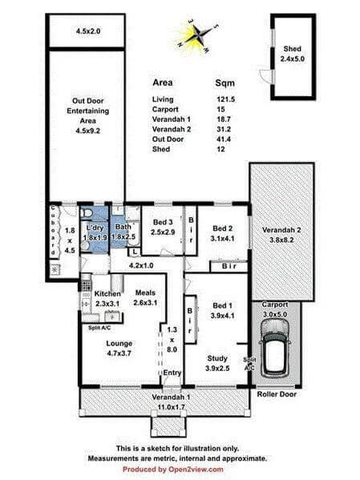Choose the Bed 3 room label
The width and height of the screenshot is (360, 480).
[163, 227]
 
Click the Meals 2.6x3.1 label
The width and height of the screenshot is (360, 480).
[145, 297]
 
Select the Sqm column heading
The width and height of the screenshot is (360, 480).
[224, 83]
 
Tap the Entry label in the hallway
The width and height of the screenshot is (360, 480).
[172, 373]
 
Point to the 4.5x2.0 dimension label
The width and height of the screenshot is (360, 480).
[87, 31]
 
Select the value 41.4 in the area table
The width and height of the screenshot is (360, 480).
[224, 138]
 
